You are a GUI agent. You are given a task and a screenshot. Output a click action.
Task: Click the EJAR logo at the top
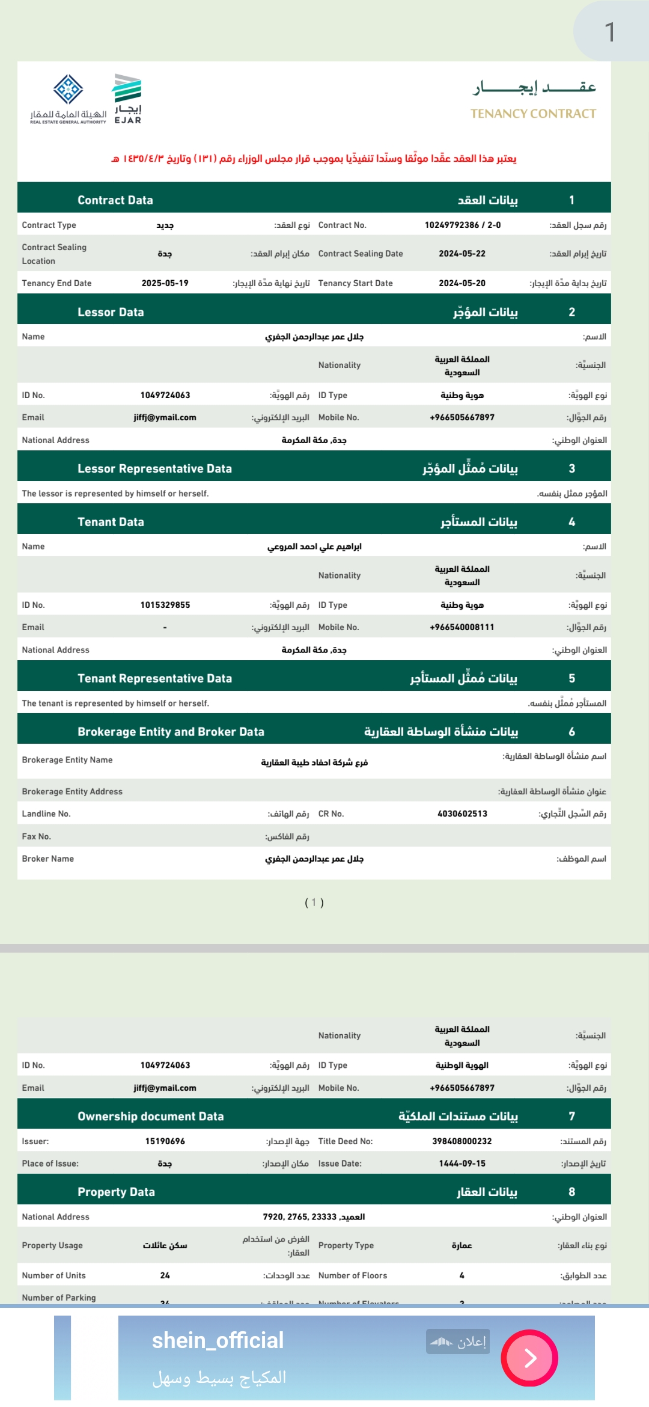click(127, 99)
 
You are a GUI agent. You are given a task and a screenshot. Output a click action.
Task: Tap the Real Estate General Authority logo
click(69, 99)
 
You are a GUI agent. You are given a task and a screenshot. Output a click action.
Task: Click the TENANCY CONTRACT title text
click(533, 114)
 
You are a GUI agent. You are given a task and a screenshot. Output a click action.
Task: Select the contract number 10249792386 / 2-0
click(462, 225)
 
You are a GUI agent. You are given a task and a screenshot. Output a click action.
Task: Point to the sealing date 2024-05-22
click(462, 254)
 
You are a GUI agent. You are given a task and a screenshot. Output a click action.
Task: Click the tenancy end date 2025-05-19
click(165, 283)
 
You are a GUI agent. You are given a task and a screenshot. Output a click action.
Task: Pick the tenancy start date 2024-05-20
click(462, 283)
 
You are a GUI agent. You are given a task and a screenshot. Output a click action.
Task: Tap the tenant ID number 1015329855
click(165, 605)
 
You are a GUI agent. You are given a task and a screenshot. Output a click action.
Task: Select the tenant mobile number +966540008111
click(462, 627)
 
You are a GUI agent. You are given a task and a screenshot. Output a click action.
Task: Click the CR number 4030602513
click(462, 814)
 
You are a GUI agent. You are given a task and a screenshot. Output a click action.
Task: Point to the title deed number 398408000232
click(462, 1141)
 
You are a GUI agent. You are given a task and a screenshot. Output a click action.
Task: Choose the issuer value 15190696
click(165, 1141)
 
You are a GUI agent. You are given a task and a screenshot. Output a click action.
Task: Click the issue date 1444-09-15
click(462, 1163)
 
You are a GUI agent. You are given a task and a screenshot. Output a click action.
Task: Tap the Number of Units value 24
click(165, 1275)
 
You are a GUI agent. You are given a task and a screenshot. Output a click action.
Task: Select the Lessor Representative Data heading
click(154, 468)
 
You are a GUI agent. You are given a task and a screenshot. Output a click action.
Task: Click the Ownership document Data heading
click(150, 1117)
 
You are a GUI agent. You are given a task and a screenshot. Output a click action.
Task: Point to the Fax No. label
click(36, 836)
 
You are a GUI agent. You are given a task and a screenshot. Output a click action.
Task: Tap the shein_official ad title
click(218, 1341)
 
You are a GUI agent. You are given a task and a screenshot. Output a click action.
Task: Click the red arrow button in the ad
click(529, 1358)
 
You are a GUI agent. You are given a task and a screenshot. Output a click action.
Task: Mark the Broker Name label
click(47, 859)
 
